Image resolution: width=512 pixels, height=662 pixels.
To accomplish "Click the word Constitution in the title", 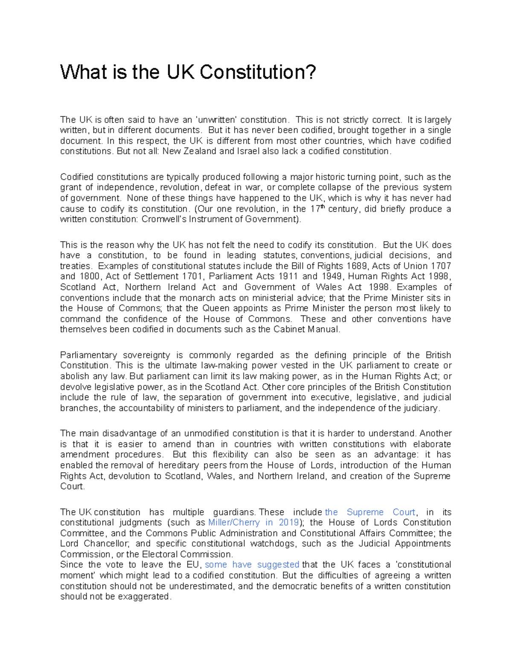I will click(x=258, y=72).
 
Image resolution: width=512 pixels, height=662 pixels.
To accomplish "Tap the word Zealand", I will click(x=200, y=151).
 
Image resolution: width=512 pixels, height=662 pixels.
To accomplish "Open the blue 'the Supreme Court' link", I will click(x=370, y=512).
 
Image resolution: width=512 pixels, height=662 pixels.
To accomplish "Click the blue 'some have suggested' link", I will click(x=252, y=565).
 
